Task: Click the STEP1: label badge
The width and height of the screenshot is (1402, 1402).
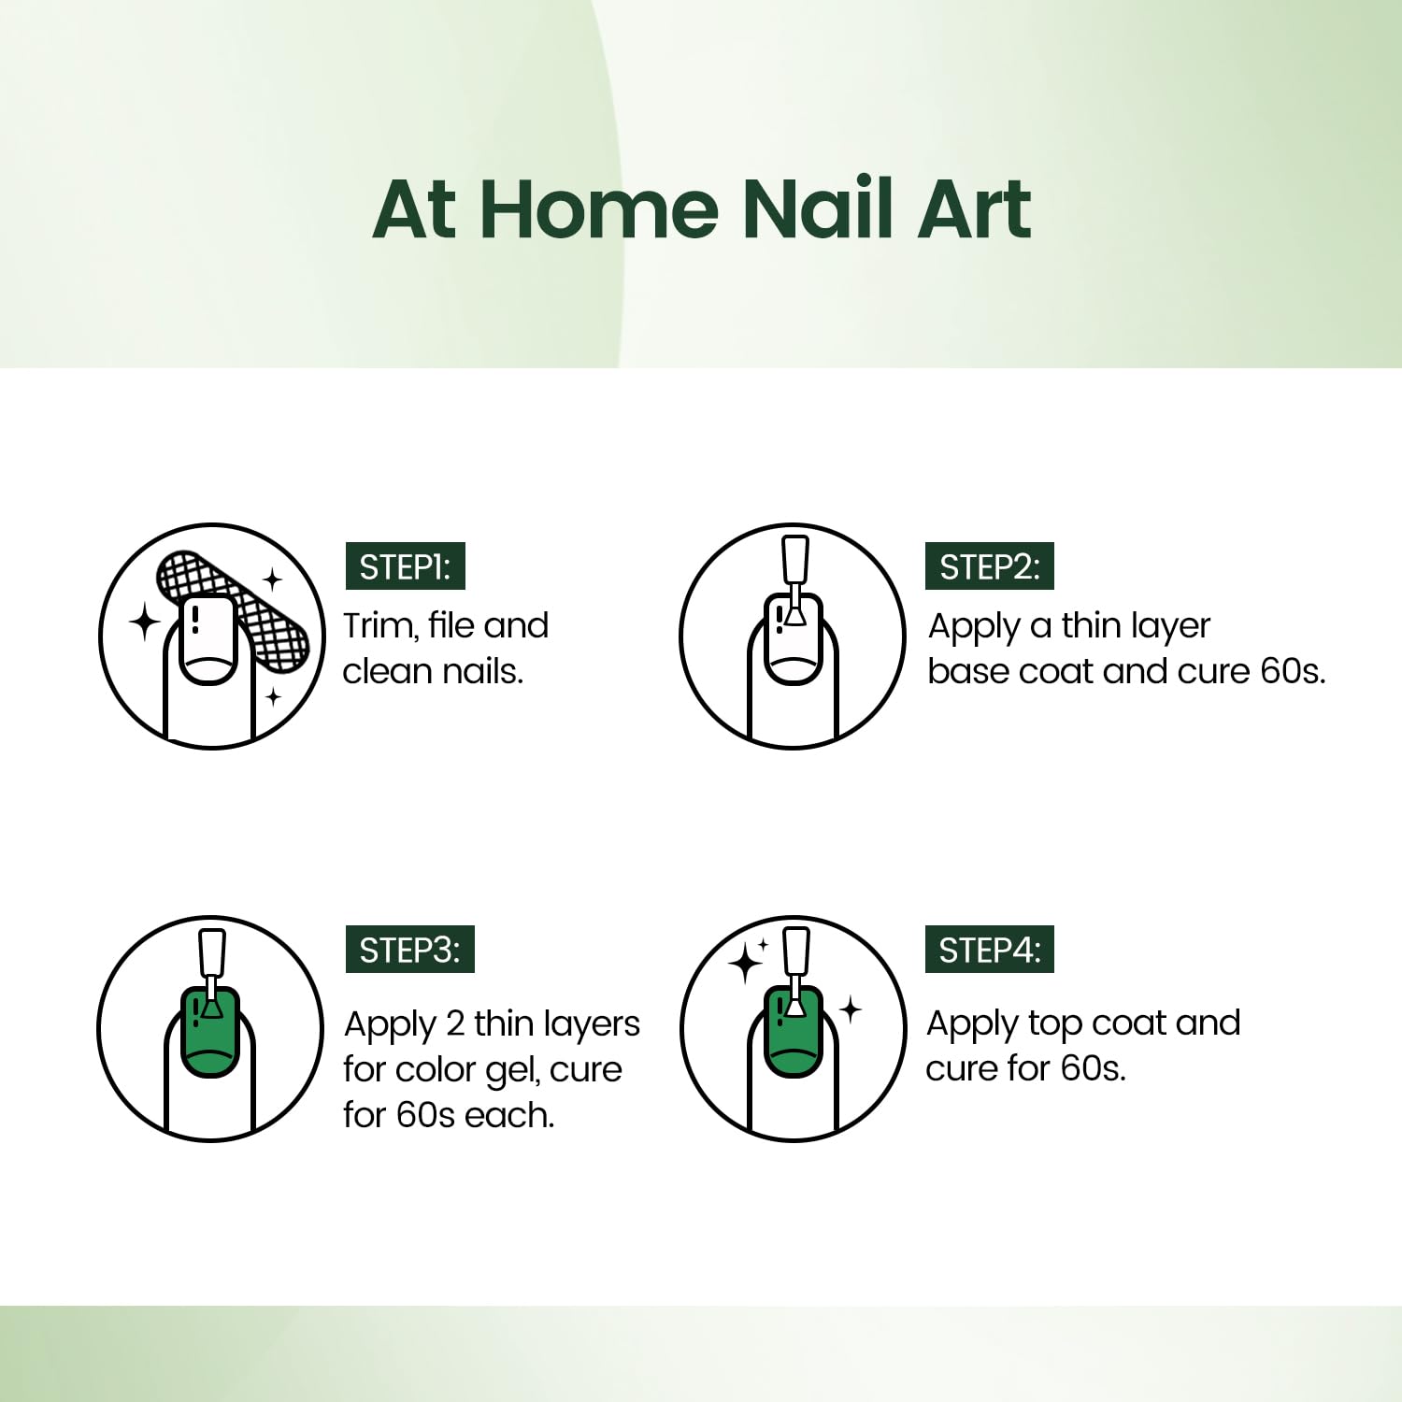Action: click(x=406, y=566)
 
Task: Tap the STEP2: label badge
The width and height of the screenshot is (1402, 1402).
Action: click(x=990, y=566)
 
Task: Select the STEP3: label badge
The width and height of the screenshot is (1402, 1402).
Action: click(x=410, y=950)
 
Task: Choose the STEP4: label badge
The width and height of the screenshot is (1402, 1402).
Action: click(x=990, y=950)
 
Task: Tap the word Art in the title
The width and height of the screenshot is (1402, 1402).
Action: click(x=975, y=207)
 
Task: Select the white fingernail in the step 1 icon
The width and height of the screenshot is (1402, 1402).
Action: click(x=209, y=639)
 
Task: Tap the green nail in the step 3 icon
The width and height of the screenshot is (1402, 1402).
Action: click(x=210, y=1032)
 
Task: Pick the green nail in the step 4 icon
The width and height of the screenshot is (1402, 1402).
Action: click(x=794, y=1032)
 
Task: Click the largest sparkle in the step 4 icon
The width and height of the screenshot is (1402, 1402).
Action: click(x=747, y=963)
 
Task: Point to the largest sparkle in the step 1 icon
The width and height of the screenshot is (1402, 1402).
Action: click(x=146, y=622)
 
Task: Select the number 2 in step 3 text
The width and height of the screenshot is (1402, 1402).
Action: click(x=455, y=1023)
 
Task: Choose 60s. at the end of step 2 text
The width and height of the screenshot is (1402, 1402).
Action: click(x=1294, y=671)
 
